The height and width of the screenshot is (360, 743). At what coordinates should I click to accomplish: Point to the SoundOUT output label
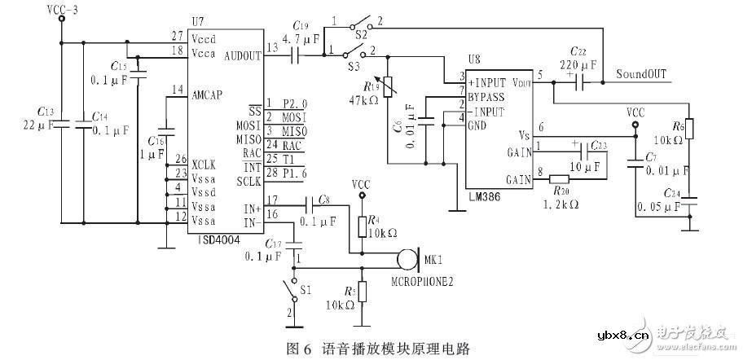641,74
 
